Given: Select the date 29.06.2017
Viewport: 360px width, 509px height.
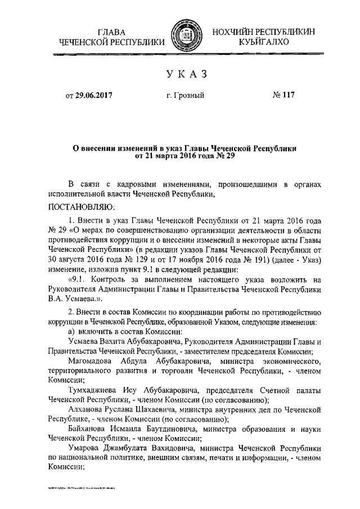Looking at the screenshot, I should [96, 96].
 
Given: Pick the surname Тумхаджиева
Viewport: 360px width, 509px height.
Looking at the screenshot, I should [95, 391].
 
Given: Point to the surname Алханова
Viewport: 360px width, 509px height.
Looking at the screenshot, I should [88, 411].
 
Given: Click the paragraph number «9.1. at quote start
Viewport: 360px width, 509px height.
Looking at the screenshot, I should [78, 280].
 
